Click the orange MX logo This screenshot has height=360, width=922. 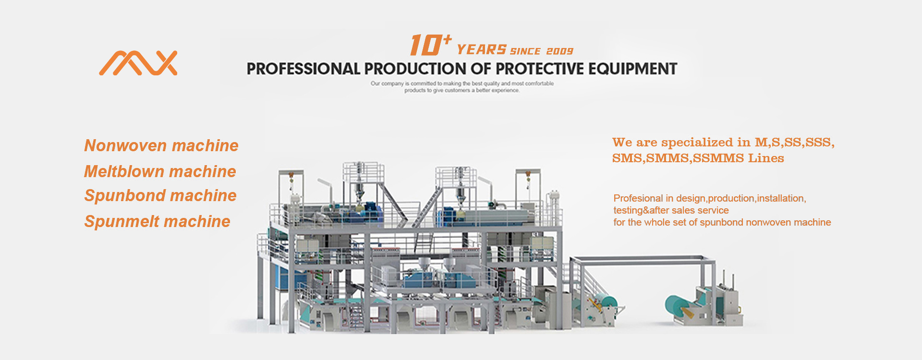pos(138,63)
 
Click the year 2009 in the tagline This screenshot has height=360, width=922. pos(560,51)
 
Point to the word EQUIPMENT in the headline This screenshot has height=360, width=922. pos(633,69)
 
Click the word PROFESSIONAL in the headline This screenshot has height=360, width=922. pos(303,69)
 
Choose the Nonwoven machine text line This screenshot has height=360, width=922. pos(161,145)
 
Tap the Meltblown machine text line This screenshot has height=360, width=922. pos(160,171)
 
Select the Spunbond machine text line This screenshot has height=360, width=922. pos(160,196)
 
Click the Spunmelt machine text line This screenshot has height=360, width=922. pos(158,221)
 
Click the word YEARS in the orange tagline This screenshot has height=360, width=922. pos(482,50)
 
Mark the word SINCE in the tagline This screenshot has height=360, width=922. pos(525,51)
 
